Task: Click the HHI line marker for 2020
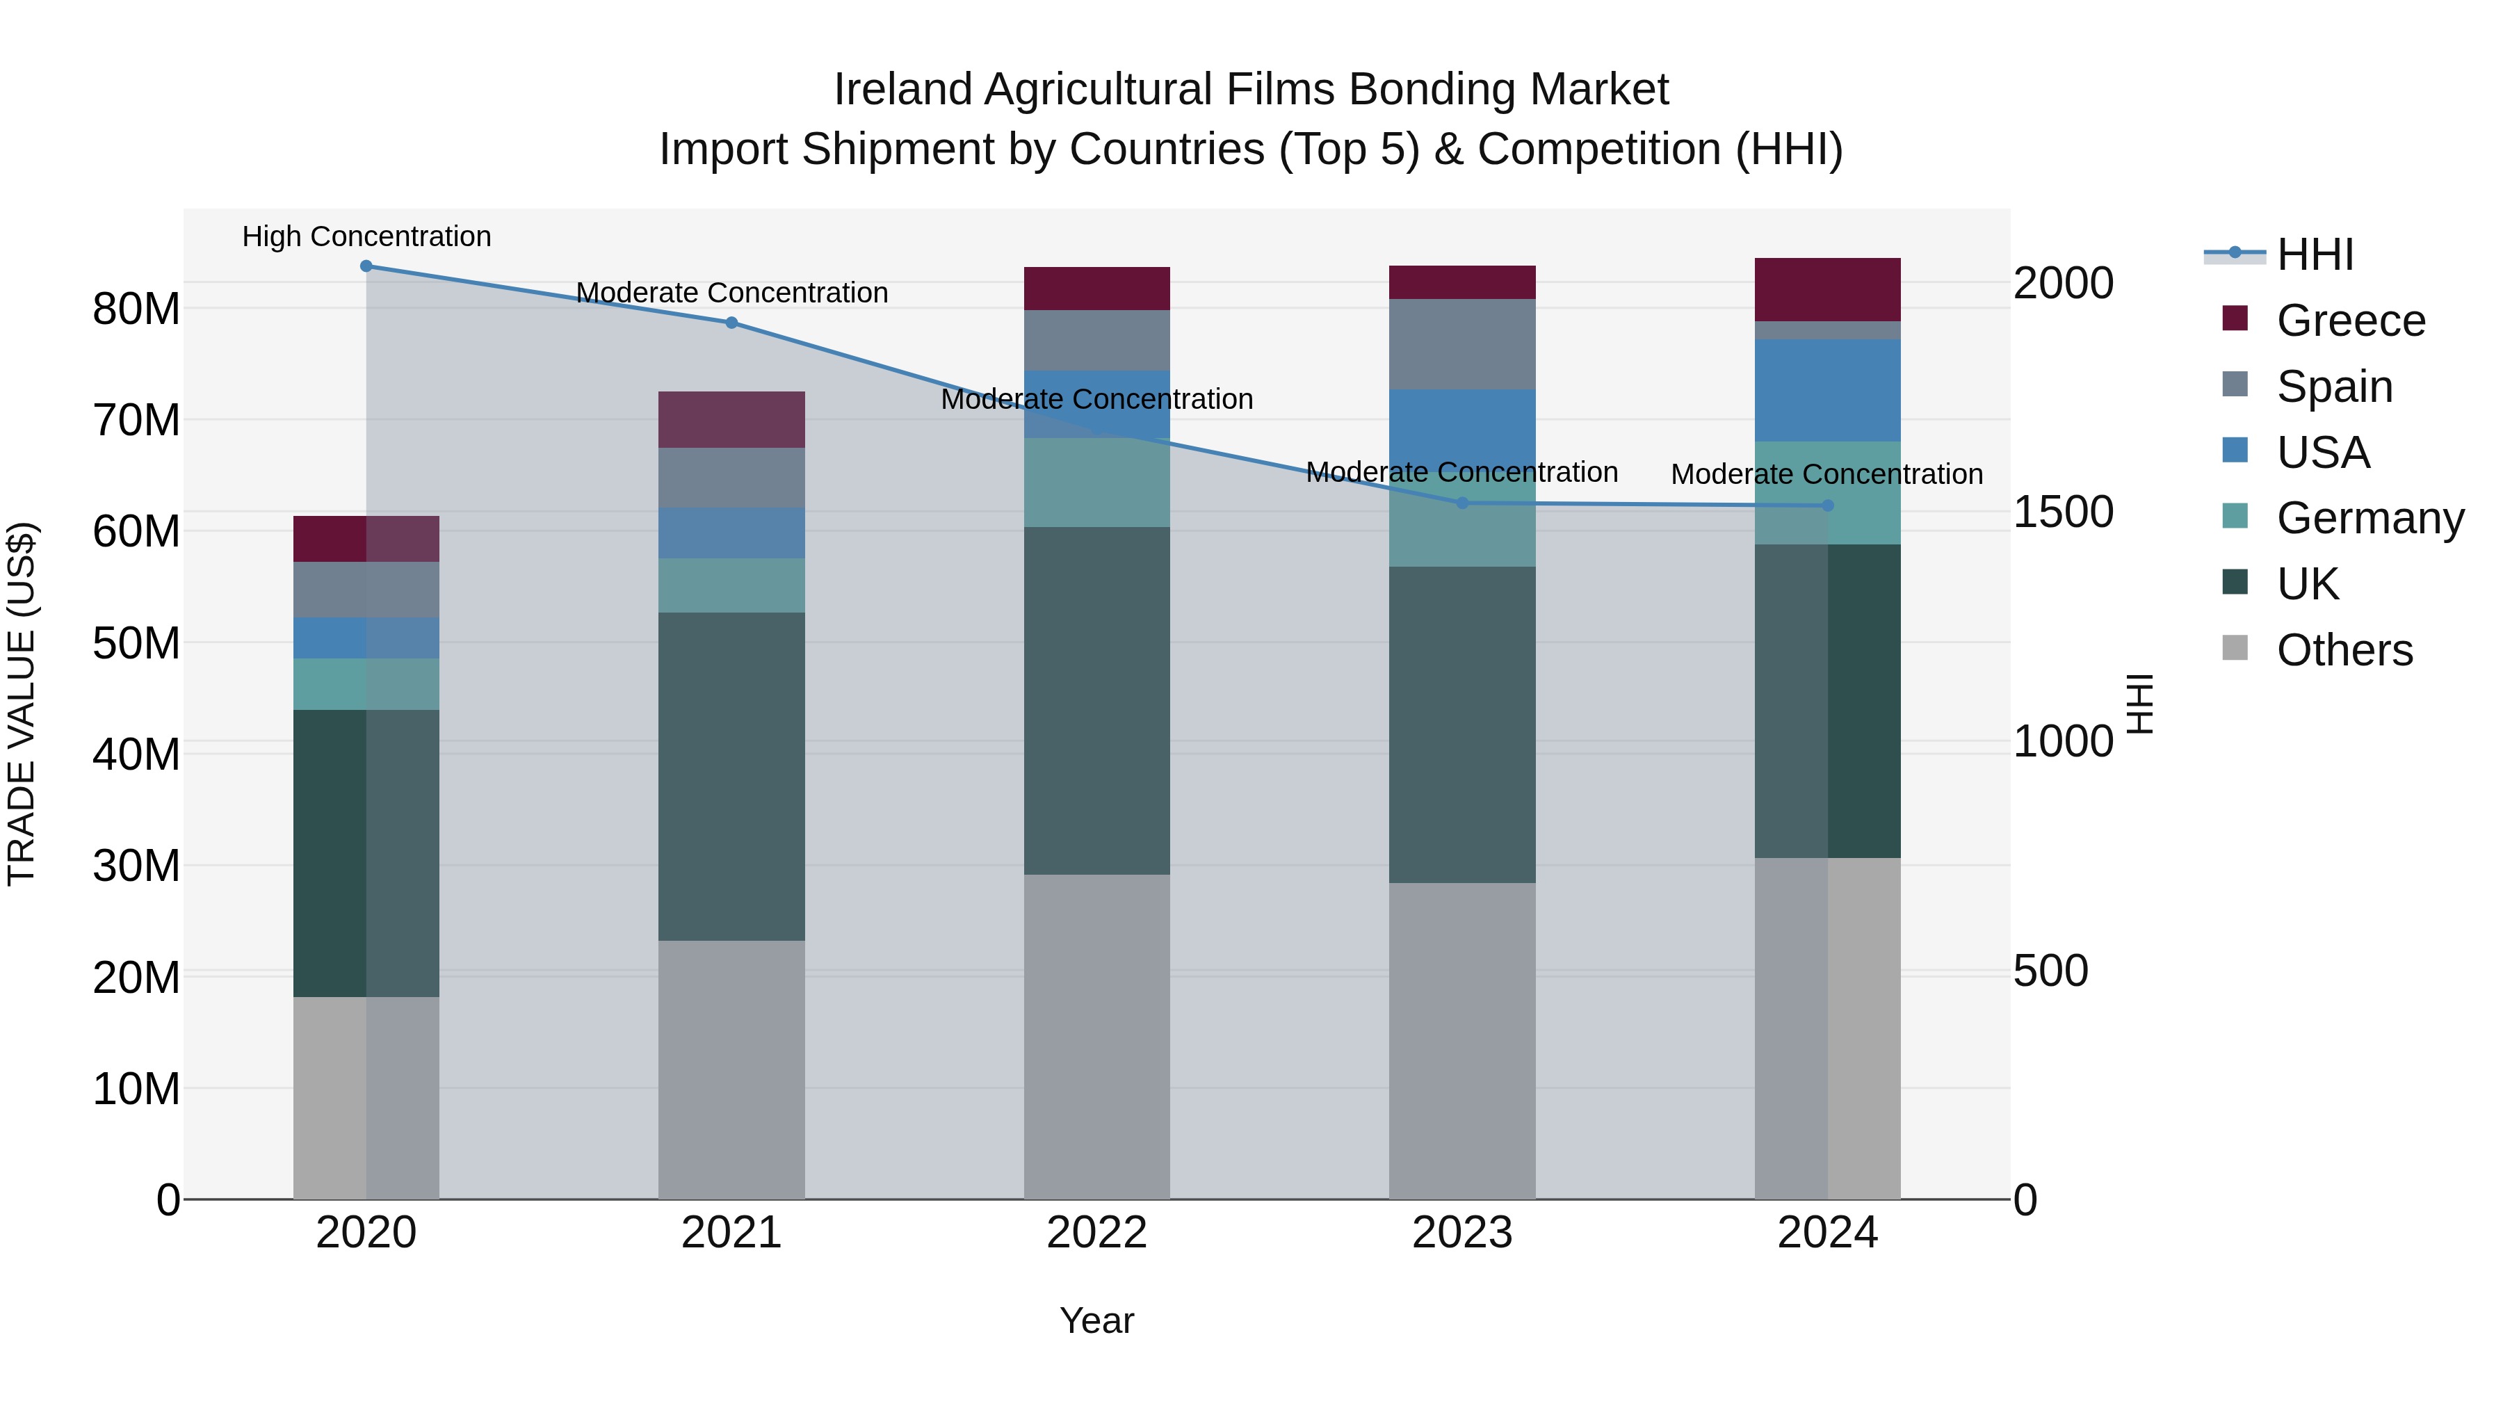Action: [366, 266]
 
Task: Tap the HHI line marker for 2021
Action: [731, 323]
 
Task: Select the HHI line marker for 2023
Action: [1462, 503]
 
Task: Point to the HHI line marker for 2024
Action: [1828, 505]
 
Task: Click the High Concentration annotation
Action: [366, 236]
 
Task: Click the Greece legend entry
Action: [2349, 321]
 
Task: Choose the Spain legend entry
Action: [2334, 387]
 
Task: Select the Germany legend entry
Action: [2369, 518]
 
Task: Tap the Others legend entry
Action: [2344, 650]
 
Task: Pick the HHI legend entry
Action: [2315, 254]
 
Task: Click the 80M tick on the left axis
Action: [136, 309]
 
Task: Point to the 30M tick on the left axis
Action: [136, 865]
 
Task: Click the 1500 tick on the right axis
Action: [2063, 512]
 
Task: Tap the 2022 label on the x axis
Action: [1097, 1233]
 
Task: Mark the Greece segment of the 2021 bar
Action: [731, 420]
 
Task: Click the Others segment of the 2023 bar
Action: [1462, 1039]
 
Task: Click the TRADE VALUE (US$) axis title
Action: [22, 704]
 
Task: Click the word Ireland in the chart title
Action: [902, 90]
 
